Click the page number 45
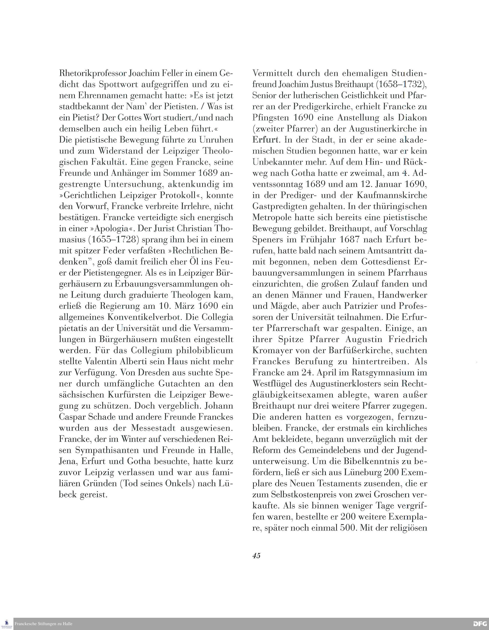256,556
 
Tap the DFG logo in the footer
480,624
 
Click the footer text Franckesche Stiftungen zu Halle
43,624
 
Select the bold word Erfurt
265,140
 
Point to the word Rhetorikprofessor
93,74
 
